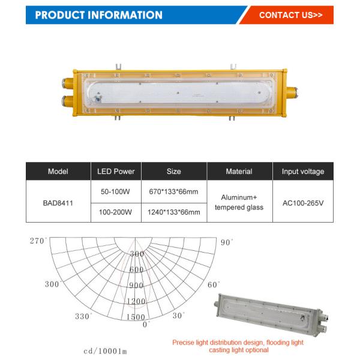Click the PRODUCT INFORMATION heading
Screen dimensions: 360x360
[99, 15]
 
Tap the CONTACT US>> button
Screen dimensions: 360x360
[290, 15]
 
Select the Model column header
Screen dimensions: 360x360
[58, 172]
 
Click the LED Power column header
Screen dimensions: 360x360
[116, 172]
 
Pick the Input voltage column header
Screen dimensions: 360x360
[302, 172]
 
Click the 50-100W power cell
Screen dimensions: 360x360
[116, 192]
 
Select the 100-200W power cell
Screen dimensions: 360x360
[116, 212]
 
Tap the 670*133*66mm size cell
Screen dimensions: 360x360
[173, 192]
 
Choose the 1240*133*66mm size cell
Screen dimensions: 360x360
[173, 212]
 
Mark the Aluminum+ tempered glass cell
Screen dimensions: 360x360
[238, 202]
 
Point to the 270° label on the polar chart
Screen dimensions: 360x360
[38, 241]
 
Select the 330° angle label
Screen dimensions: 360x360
[84, 316]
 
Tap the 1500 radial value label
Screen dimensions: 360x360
[136, 317]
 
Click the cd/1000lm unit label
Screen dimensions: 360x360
[105, 350]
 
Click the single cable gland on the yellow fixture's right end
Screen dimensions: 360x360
[292, 92]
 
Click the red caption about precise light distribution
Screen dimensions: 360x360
[239, 346]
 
